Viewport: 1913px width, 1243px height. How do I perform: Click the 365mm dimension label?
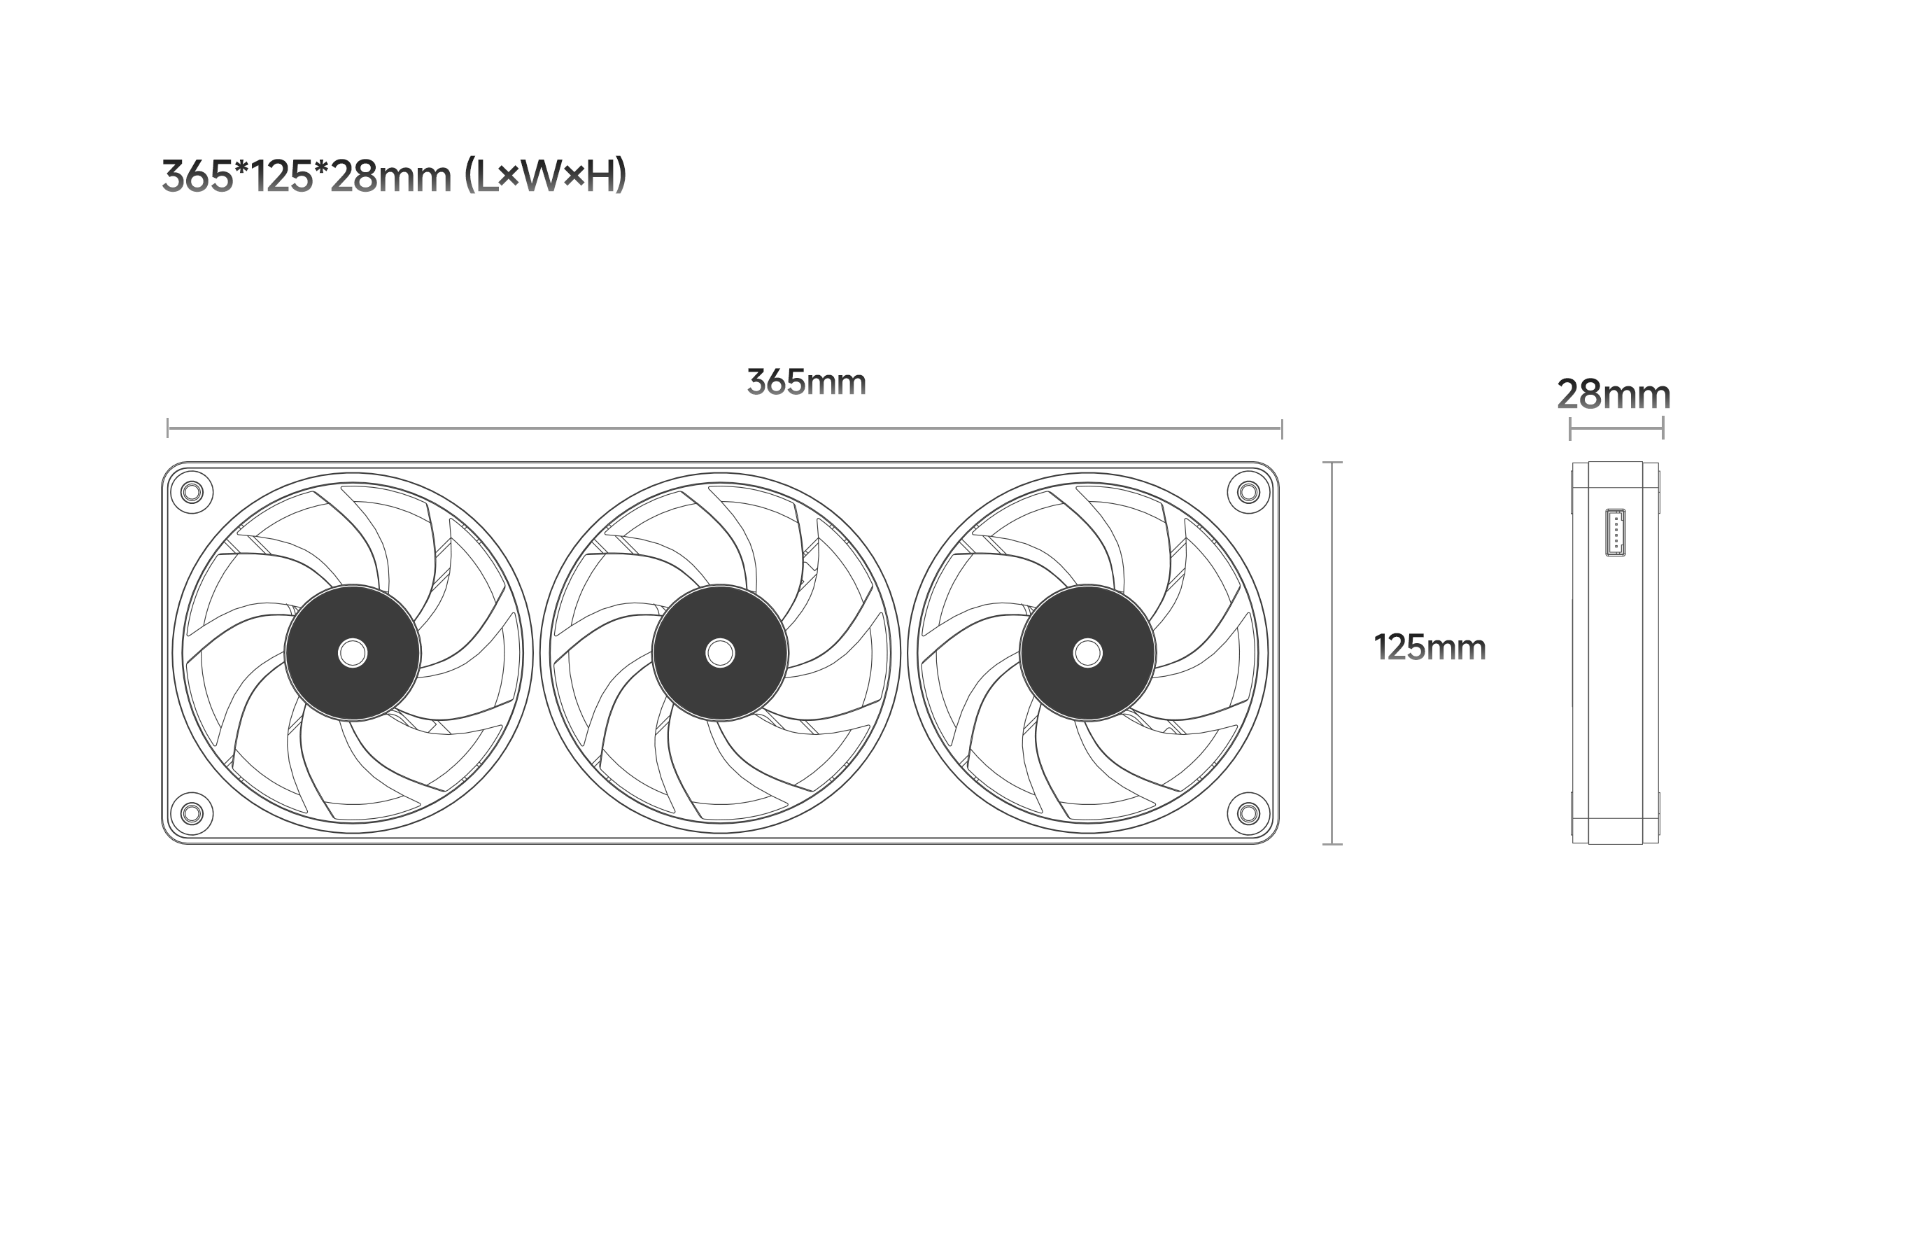[x=806, y=383]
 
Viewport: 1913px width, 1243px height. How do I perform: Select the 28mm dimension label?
[x=1614, y=395]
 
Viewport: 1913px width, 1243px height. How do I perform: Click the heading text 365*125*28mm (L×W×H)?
[x=394, y=176]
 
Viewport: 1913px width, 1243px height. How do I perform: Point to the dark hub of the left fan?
[x=353, y=653]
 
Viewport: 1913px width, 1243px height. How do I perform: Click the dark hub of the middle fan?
[x=720, y=653]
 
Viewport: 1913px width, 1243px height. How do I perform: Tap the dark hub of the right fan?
[x=1087, y=653]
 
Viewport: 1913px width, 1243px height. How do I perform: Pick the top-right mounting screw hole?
[x=1248, y=492]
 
